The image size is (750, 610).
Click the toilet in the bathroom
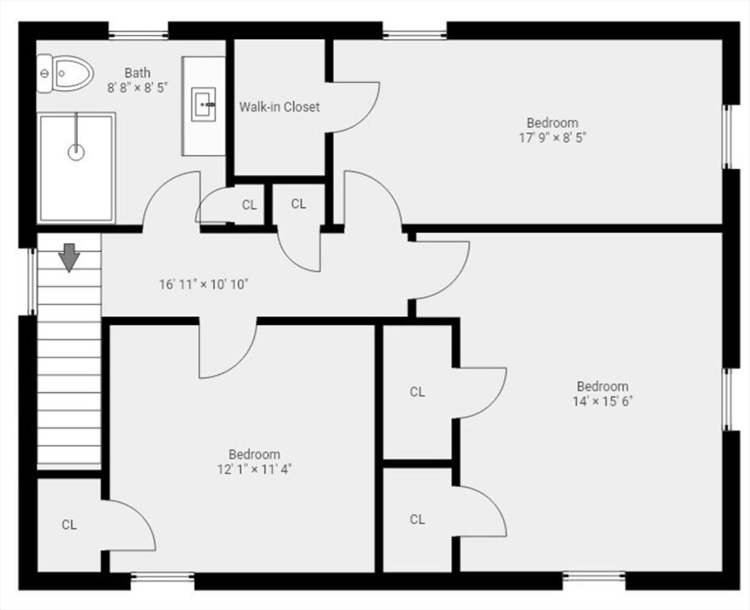click(65, 74)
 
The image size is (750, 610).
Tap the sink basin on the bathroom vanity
click(204, 105)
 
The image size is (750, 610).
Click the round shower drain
click(76, 152)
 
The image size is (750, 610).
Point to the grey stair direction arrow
click(69, 257)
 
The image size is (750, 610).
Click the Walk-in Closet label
click(279, 106)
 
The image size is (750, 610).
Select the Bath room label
click(137, 73)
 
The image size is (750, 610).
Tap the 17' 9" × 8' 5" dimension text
click(552, 138)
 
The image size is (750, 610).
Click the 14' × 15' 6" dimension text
click(602, 401)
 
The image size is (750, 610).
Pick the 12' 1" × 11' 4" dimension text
click(255, 469)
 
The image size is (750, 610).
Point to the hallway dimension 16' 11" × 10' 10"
click(204, 285)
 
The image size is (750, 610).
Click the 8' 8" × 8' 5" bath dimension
click(138, 87)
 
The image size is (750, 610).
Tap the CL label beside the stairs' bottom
click(69, 525)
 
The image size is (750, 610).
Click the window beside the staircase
click(32, 281)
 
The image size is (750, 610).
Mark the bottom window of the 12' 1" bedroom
click(163, 577)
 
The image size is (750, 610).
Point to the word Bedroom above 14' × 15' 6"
click(602, 386)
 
